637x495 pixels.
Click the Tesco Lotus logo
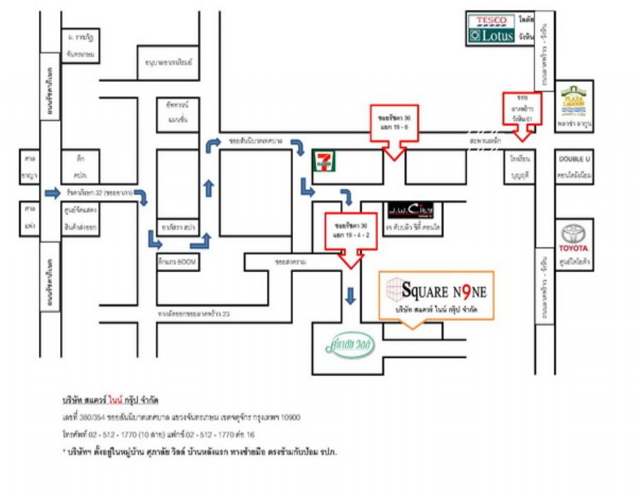point(490,28)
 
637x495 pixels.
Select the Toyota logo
point(573,239)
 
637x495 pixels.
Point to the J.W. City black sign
point(410,210)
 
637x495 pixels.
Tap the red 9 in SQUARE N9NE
point(461,290)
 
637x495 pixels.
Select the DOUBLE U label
point(574,160)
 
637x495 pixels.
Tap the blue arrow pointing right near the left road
point(52,192)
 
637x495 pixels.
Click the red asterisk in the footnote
point(64,451)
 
